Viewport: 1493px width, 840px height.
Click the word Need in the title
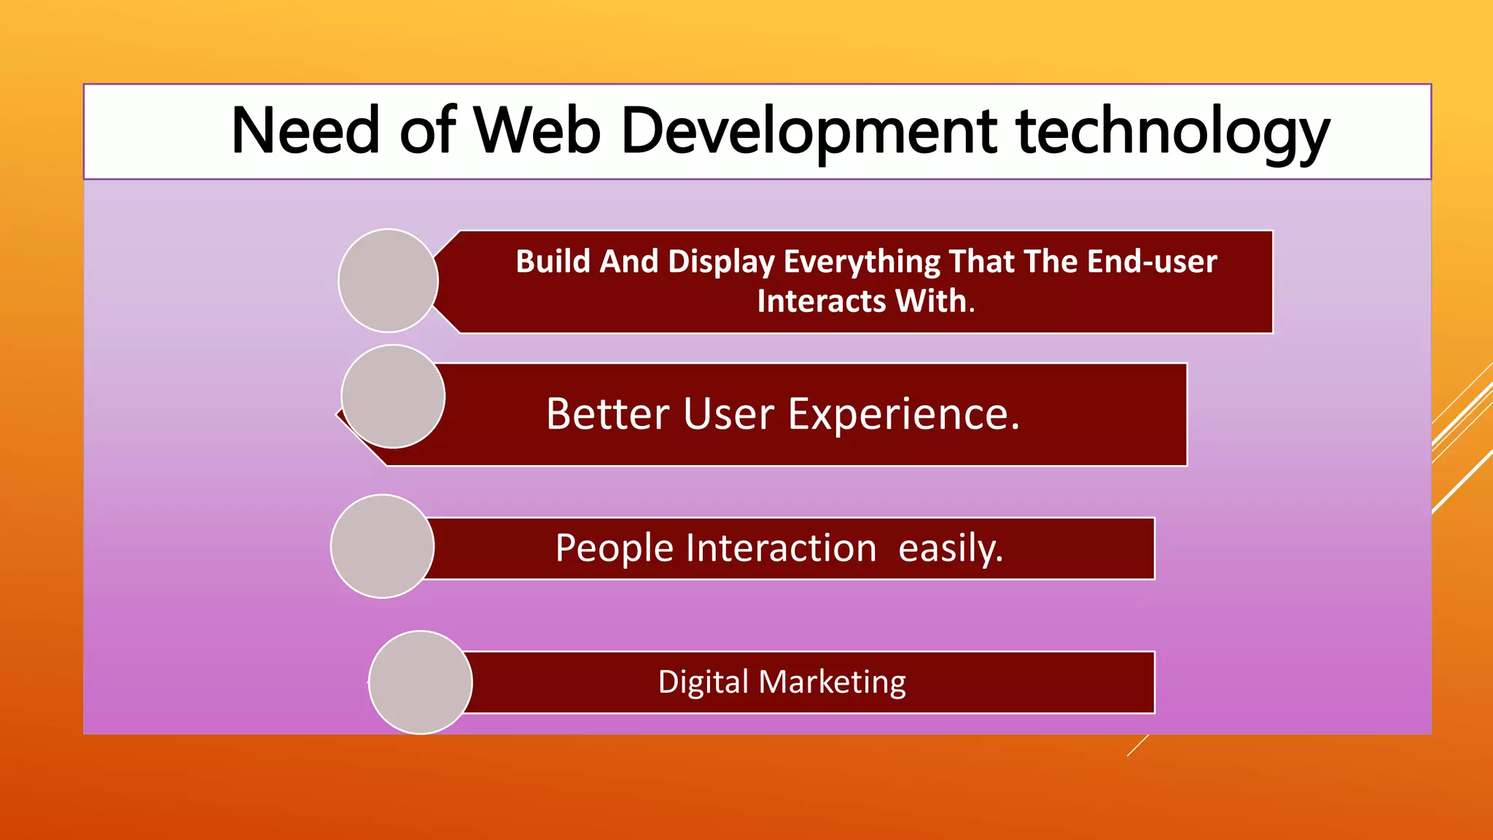pyautogui.click(x=305, y=131)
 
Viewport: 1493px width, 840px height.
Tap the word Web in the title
pyautogui.click(x=537, y=131)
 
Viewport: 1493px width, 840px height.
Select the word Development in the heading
pyautogui.click(x=808, y=131)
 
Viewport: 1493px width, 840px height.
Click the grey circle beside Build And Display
pyautogui.click(x=388, y=281)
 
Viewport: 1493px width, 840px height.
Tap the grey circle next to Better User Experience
pyautogui.click(x=393, y=396)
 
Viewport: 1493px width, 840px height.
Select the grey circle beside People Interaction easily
pyautogui.click(x=382, y=546)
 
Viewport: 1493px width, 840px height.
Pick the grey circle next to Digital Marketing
pyautogui.click(x=420, y=682)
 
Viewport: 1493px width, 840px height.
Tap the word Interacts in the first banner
pyautogui.click(x=821, y=301)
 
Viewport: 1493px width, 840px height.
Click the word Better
pyautogui.click(x=607, y=414)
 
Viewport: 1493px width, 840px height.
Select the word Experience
pyautogui.click(x=903, y=416)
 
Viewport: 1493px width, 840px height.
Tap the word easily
pyautogui.click(x=950, y=548)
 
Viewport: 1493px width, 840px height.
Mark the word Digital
pyautogui.click(x=703, y=682)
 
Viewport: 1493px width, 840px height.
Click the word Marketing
pyautogui.click(x=832, y=682)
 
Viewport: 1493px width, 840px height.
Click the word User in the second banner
pyautogui.click(x=728, y=414)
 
